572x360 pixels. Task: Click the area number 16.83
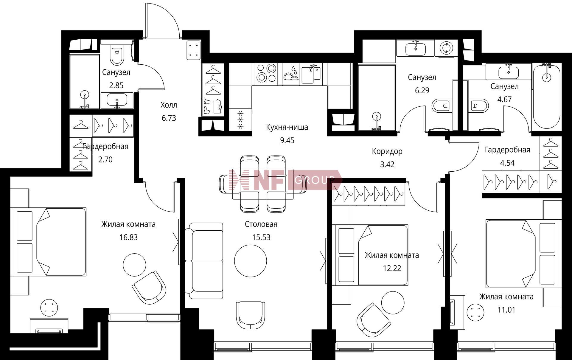click(x=128, y=237)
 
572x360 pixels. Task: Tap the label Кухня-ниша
click(x=287, y=128)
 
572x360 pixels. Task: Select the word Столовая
click(x=261, y=224)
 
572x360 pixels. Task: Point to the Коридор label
click(x=387, y=151)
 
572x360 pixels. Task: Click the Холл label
click(x=169, y=105)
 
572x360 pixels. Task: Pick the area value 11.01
click(x=506, y=310)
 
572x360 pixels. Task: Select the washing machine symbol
click(x=446, y=48)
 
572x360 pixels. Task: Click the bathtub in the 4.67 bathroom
click(x=546, y=97)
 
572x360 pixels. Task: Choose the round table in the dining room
click(x=250, y=261)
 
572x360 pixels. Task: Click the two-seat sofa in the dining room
click(x=204, y=261)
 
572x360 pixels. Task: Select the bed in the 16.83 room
click(x=50, y=242)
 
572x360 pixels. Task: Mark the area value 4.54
click(x=507, y=163)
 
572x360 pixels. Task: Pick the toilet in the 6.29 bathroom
click(x=440, y=105)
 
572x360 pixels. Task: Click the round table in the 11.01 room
click(x=475, y=312)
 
